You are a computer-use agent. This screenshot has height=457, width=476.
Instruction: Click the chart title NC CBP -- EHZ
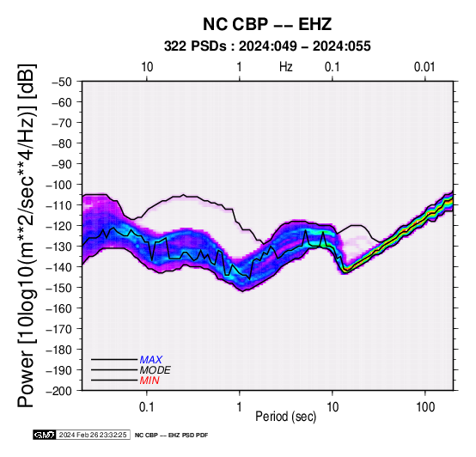tap(267, 24)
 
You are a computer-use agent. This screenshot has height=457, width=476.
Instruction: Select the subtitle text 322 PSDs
tap(195, 46)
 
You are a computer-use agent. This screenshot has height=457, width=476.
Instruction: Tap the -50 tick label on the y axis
tap(61, 82)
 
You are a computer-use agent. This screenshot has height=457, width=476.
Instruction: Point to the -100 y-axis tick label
tap(58, 185)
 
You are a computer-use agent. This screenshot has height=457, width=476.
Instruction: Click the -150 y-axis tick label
tap(58, 288)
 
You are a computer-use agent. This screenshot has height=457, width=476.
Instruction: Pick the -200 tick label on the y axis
tap(58, 391)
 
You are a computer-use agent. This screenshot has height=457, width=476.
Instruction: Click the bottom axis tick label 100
tap(425, 406)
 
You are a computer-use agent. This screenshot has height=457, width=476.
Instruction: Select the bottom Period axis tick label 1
tap(240, 406)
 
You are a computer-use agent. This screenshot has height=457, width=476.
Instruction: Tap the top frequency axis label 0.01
tap(424, 67)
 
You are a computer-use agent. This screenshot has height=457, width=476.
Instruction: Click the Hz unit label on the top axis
tap(285, 67)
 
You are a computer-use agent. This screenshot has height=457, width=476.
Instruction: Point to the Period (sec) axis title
tap(285, 417)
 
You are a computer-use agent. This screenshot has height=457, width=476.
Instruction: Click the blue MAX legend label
tap(151, 360)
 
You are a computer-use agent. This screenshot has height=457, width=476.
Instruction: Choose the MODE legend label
tap(156, 370)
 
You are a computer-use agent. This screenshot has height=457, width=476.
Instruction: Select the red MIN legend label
tap(150, 381)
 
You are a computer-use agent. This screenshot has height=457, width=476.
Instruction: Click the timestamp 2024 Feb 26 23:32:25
tap(93, 435)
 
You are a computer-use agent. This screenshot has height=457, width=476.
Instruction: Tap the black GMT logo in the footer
tap(45, 435)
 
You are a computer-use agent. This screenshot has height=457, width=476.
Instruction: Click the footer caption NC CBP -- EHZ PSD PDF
tap(171, 436)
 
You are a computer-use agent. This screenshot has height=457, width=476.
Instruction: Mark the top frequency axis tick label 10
tap(147, 67)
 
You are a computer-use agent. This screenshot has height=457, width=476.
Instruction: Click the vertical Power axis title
tap(27, 235)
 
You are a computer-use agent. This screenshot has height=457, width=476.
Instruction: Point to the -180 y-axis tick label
tap(58, 350)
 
